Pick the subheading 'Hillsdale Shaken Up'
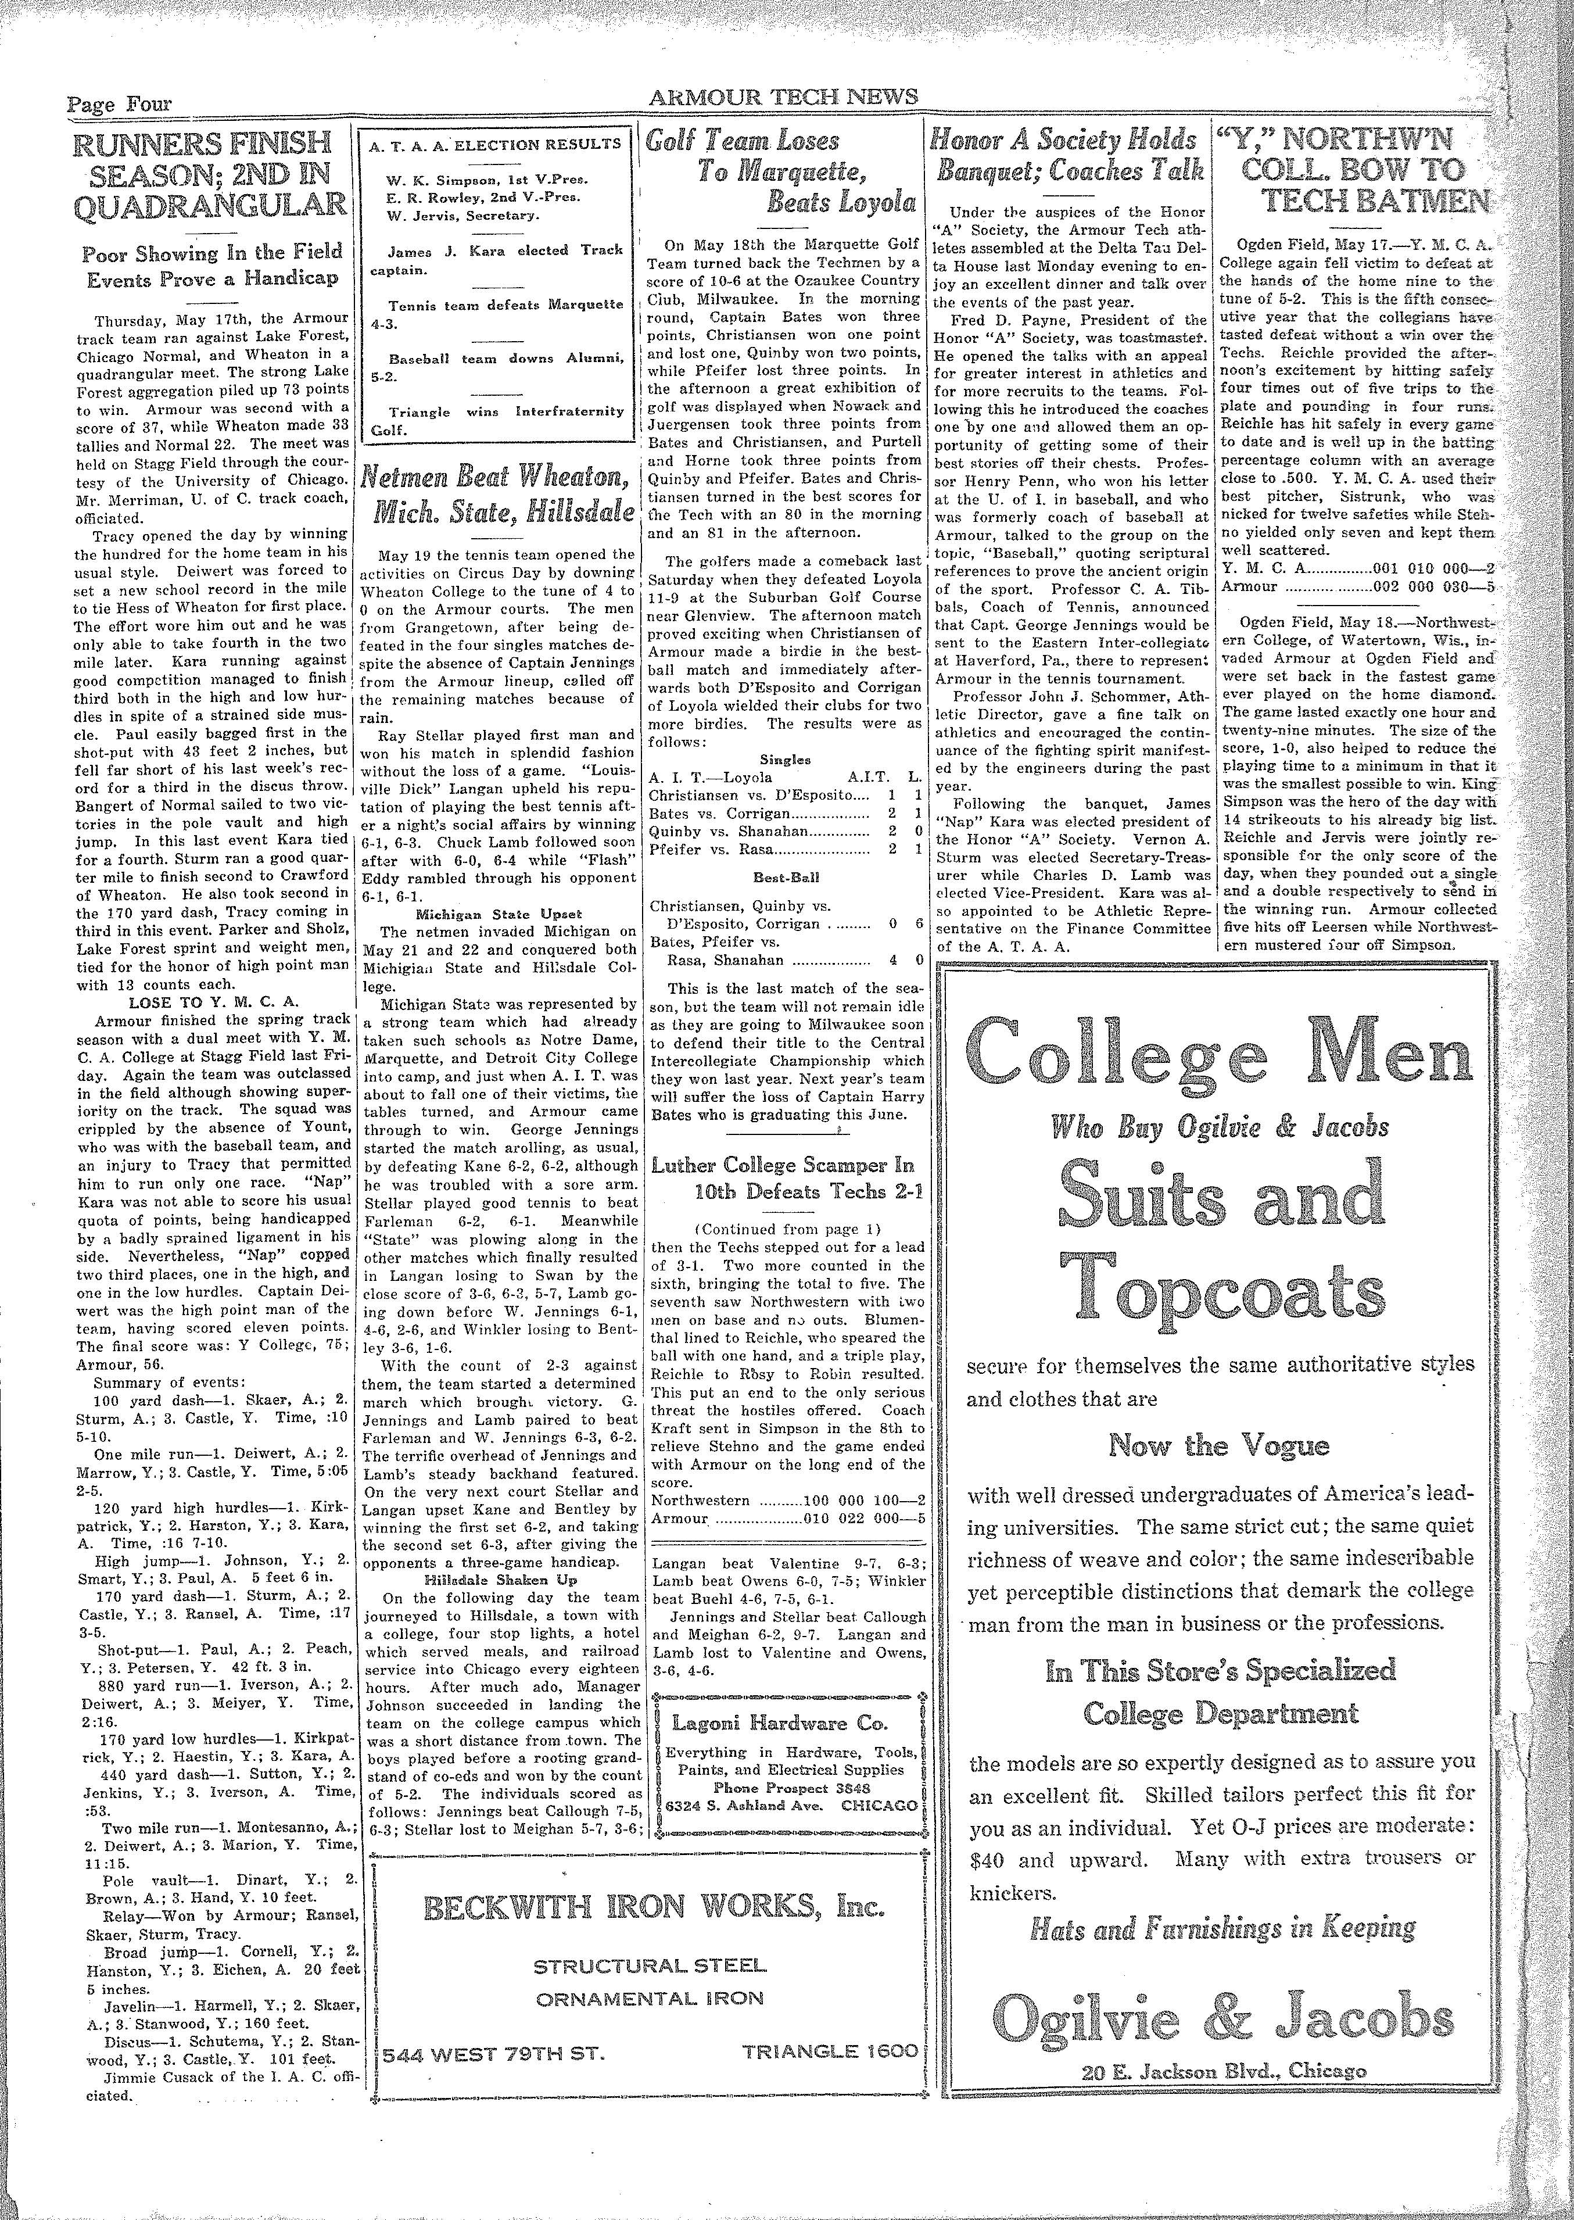click(x=498, y=1578)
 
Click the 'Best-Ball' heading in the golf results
click(x=783, y=875)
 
